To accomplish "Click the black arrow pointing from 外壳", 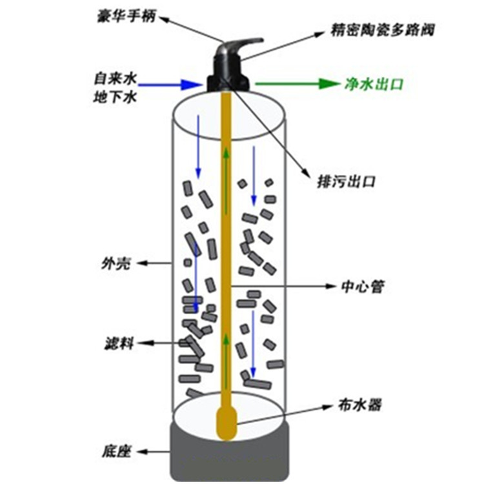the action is (x=153, y=263).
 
